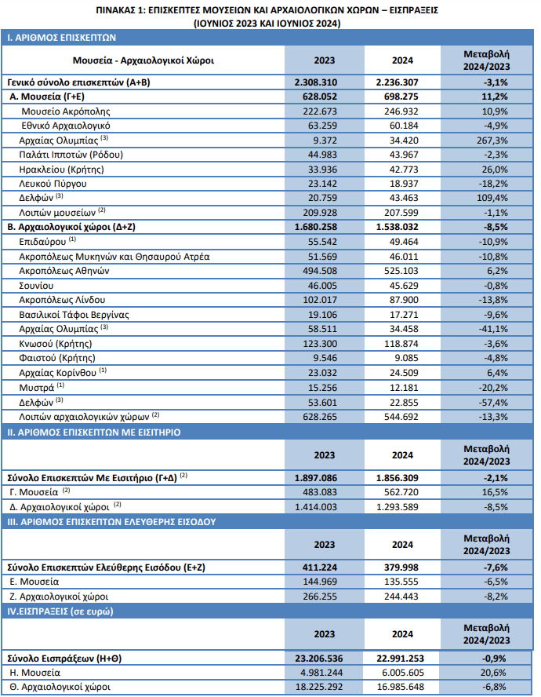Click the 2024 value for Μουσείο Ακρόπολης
401,111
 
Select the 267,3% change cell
492,140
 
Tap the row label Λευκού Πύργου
53,184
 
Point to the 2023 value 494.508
320,271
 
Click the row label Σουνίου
36,286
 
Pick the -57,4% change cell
493,403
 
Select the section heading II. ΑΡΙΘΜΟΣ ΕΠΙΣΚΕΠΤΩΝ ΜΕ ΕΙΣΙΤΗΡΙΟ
94,432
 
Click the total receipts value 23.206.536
319,659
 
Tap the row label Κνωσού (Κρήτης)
56,344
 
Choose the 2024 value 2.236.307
397,82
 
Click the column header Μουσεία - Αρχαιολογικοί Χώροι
143,60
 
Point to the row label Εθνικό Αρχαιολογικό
66,126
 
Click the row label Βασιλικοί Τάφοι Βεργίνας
74,315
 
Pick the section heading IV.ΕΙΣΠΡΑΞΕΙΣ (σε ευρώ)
60,611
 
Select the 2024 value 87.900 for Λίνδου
404,300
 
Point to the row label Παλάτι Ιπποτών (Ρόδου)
71,155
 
